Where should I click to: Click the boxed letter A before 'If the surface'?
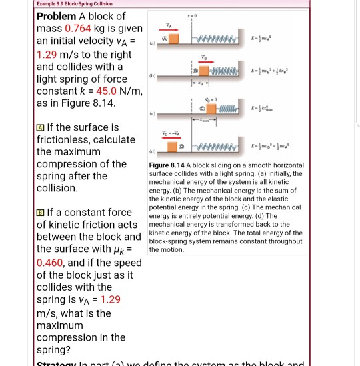(39, 127)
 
